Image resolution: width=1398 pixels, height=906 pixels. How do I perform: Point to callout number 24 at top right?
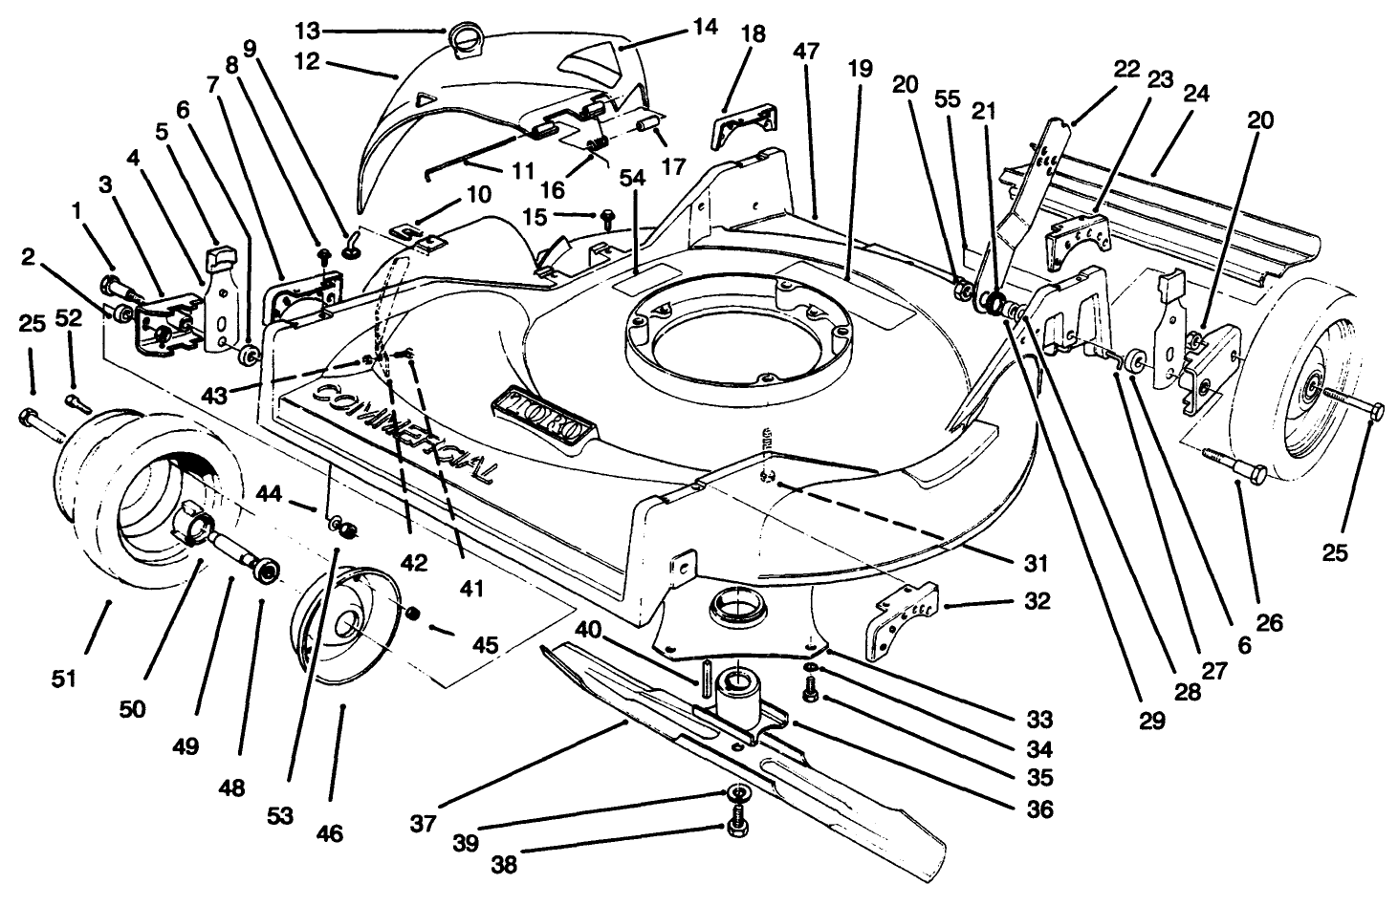[x=1196, y=94]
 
